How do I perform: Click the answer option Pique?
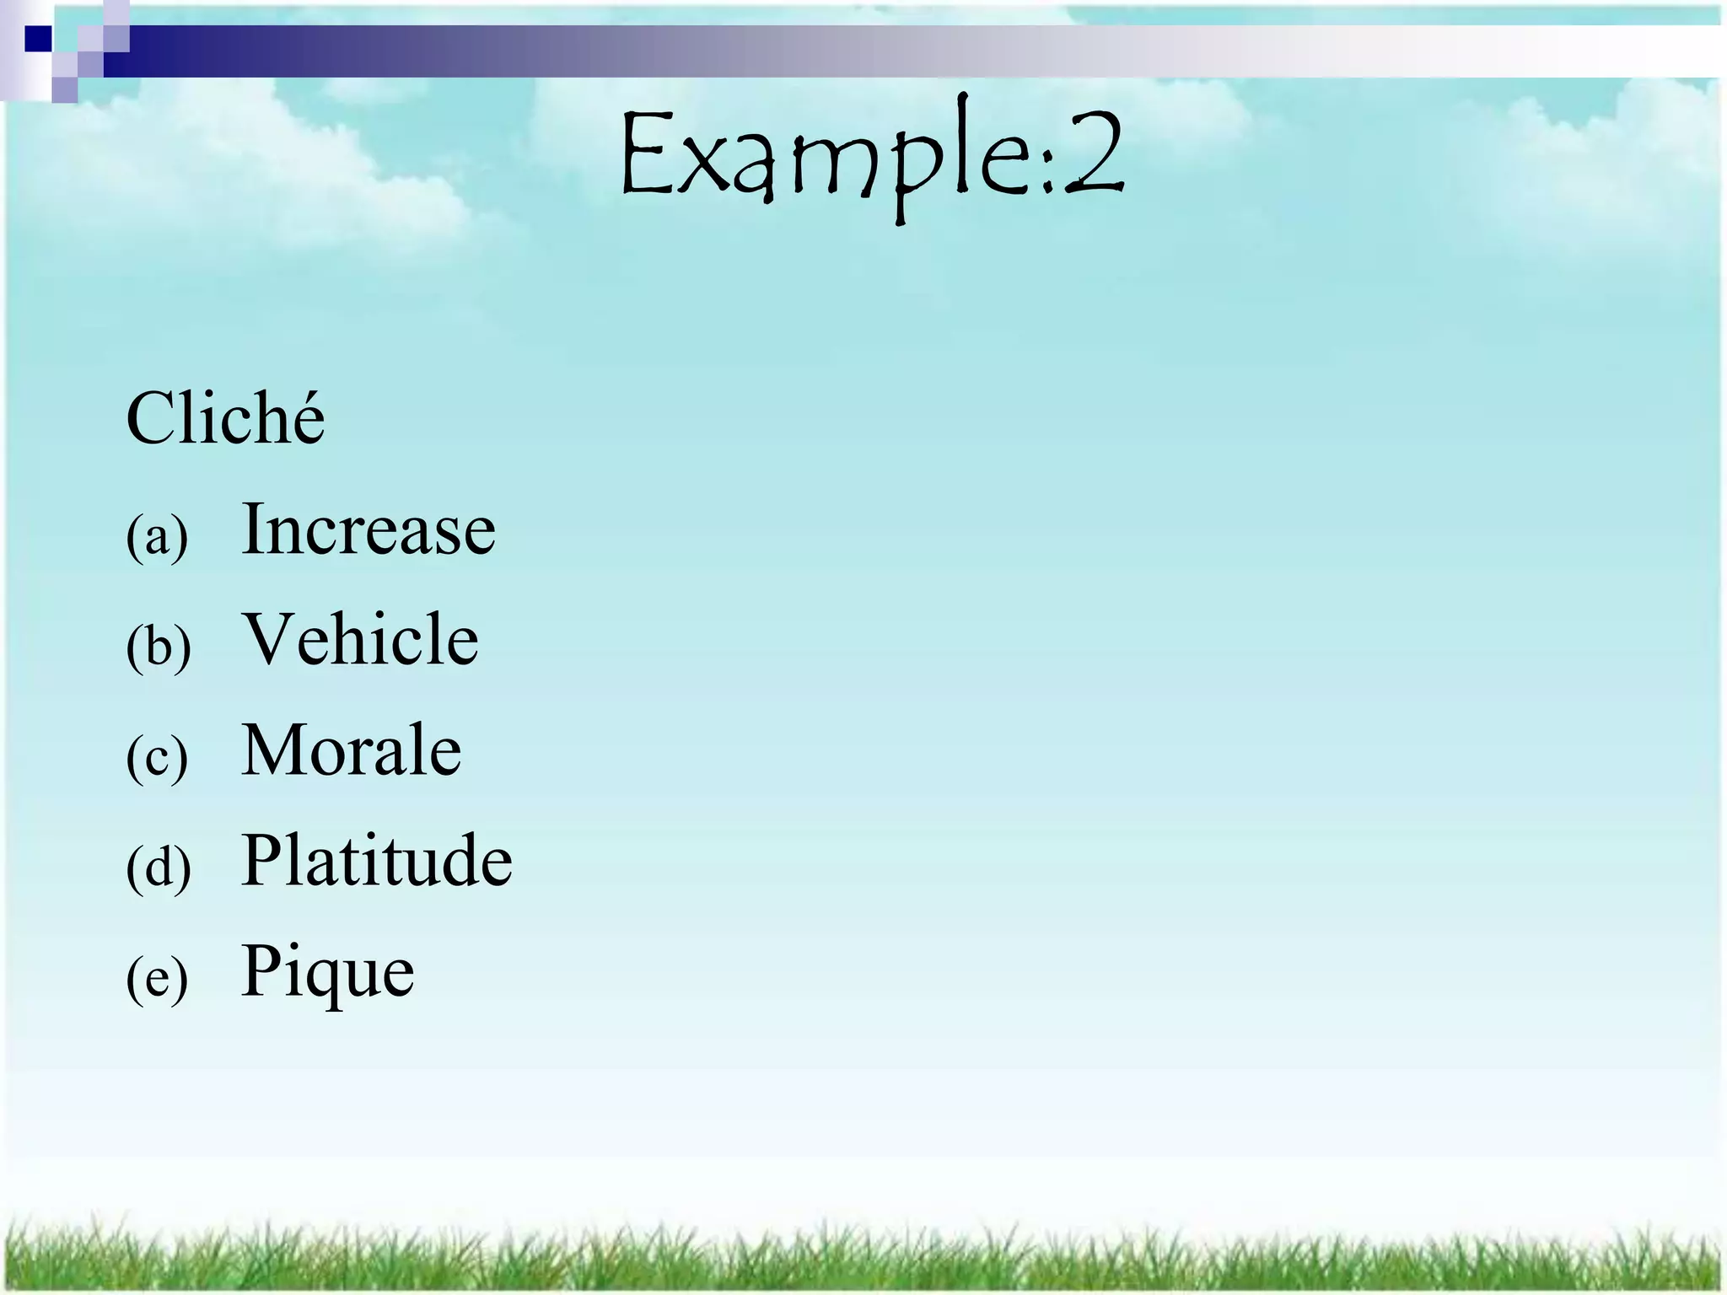pyautogui.click(x=328, y=971)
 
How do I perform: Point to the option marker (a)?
pyautogui.click(x=157, y=537)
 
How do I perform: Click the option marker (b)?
pyautogui.click(x=159, y=647)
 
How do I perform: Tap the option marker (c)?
pyautogui.click(x=157, y=758)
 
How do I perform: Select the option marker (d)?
pyautogui.click(x=159, y=868)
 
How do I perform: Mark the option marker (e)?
pyautogui.click(x=157, y=980)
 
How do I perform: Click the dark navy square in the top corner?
pyautogui.click(x=38, y=39)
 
